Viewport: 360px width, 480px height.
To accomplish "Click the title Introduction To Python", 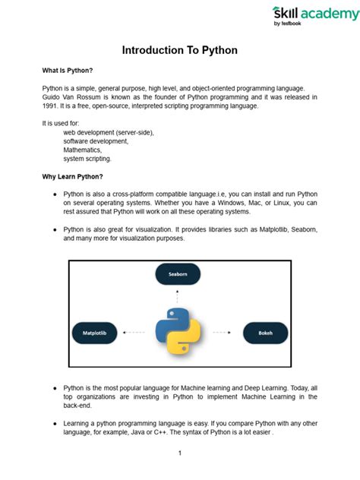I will click(x=180, y=50).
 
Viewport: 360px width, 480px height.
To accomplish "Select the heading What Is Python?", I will click(x=68, y=70).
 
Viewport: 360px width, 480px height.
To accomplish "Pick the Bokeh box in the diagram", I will click(x=266, y=332).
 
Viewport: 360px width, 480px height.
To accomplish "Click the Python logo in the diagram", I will click(x=178, y=331).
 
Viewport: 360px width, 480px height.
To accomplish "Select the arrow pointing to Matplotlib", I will click(x=134, y=332).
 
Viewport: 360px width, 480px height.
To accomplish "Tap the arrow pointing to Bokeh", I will click(x=222, y=332).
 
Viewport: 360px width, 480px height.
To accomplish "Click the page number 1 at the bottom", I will click(x=180, y=453).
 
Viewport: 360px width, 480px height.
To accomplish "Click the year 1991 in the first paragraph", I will click(x=51, y=106).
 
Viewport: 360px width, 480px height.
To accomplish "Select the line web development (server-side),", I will click(x=109, y=132).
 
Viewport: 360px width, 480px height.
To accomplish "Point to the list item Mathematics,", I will click(x=83, y=150).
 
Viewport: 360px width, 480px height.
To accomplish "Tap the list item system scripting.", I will click(x=87, y=159).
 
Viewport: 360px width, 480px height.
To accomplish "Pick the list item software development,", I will click(x=96, y=141).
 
